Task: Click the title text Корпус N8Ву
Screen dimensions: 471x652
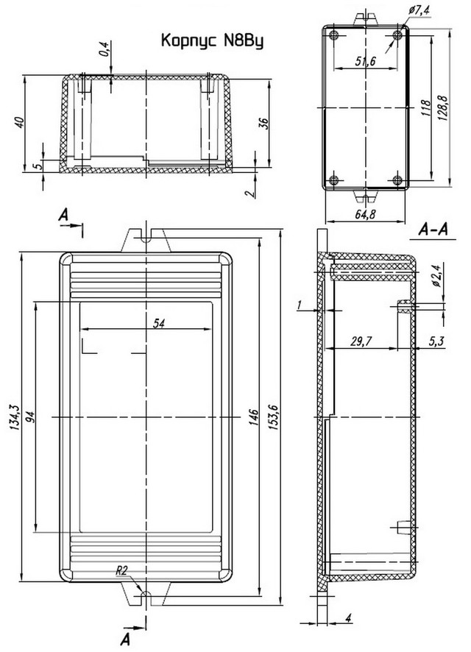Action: [x=212, y=42]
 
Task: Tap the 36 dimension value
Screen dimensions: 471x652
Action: [x=263, y=124]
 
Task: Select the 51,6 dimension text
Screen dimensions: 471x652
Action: [x=366, y=62]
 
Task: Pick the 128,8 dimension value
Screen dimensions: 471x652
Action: [x=443, y=107]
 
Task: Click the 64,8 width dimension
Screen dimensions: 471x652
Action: [x=365, y=215]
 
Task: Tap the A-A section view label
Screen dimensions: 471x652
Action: [x=433, y=229]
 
